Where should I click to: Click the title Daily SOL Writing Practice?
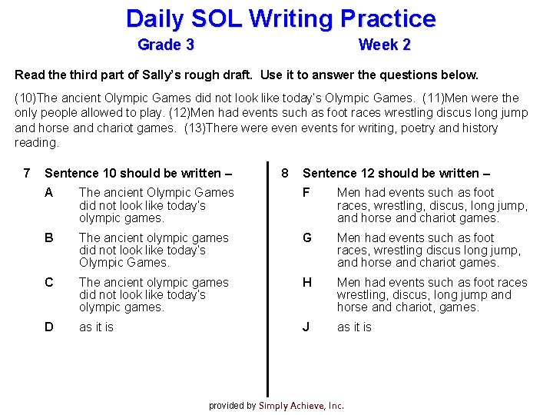(x=280, y=18)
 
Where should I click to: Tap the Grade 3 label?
(x=165, y=45)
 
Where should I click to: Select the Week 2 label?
(x=384, y=45)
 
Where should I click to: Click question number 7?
(x=27, y=173)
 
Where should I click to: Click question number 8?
(x=284, y=173)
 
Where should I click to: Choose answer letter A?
(x=49, y=193)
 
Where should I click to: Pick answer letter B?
(x=49, y=237)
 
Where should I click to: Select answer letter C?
(x=49, y=282)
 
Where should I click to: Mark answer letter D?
(x=49, y=327)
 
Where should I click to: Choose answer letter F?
(x=307, y=193)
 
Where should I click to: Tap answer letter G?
(x=307, y=237)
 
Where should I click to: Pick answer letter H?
(x=307, y=282)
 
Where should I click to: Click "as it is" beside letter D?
(x=96, y=327)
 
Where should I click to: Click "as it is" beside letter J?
(x=354, y=327)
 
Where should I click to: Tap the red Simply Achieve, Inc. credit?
(x=301, y=406)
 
